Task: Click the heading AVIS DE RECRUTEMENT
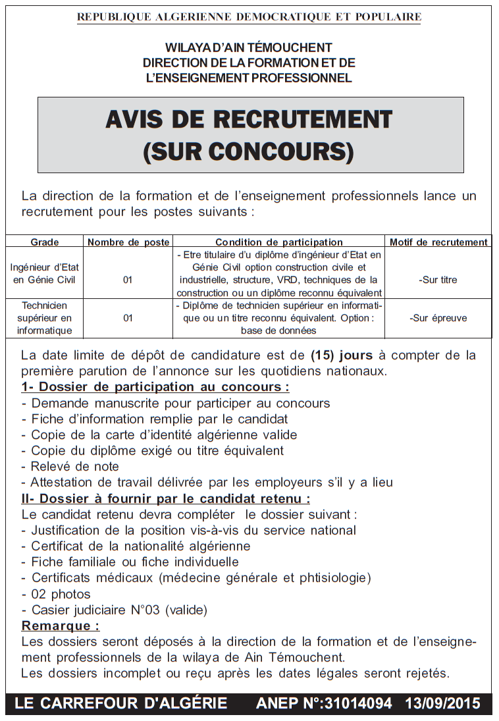point(249,120)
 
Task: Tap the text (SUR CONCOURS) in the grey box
point(249,151)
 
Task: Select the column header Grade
point(45,242)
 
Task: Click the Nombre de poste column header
point(128,242)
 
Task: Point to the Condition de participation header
point(279,242)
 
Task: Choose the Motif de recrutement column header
point(438,242)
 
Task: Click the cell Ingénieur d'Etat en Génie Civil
point(45,273)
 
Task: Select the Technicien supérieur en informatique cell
point(45,318)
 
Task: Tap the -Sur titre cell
point(438,280)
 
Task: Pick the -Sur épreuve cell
point(438,318)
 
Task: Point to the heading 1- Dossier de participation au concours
point(155,387)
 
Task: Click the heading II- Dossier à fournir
point(165,498)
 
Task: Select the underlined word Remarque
point(61,626)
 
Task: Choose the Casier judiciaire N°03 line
point(115,610)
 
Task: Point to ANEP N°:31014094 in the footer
point(324,703)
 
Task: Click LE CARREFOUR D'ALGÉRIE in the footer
point(120,703)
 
